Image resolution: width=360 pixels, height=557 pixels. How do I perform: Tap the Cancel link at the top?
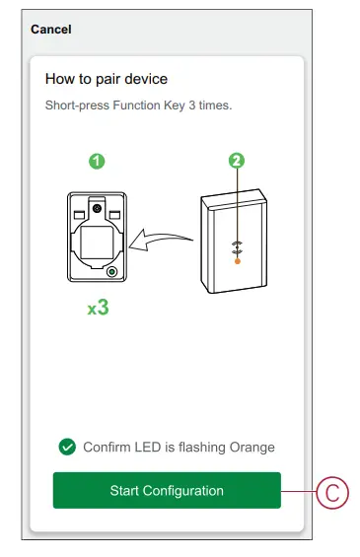click(50, 30)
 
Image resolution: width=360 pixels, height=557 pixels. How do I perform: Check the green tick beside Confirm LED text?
click(67, 447)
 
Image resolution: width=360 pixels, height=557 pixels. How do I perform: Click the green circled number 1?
click(97, 161)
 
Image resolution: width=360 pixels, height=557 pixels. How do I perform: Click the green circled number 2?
click(237, 161)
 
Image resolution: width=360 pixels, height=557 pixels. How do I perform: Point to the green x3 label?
click(98, 308)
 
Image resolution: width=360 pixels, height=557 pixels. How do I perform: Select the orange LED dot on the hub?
click(237, 262)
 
